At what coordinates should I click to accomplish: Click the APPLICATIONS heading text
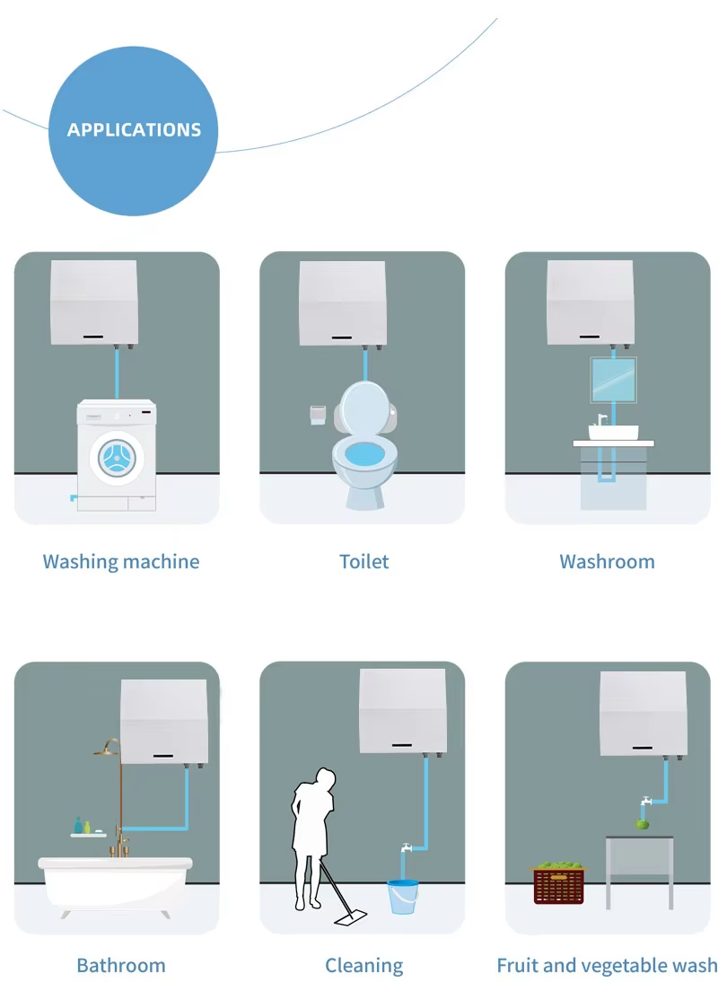coord(134,129)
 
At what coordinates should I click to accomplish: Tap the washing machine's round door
coord(117,458)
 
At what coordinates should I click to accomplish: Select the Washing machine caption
coord(121,561)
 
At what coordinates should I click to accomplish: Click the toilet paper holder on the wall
coord(318,414)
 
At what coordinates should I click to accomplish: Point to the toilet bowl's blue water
coord(365,453)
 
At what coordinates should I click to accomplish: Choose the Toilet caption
coord(363,561)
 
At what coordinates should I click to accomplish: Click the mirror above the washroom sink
coord(614,380)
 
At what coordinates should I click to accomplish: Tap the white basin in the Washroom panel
coord(614,432)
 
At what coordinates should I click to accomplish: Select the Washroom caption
coord(608,561)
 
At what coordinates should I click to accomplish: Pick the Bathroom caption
coord(121,965)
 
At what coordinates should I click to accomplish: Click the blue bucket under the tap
coord(402,896)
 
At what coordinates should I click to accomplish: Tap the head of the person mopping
coord(326,778)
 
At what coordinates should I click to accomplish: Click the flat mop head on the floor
coord(351,918)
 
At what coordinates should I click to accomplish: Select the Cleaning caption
coord(363,965)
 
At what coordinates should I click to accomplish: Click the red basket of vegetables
coord(558,883)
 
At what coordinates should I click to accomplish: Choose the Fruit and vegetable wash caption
coord(607,965)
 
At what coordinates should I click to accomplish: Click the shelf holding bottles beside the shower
coord(88,835)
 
